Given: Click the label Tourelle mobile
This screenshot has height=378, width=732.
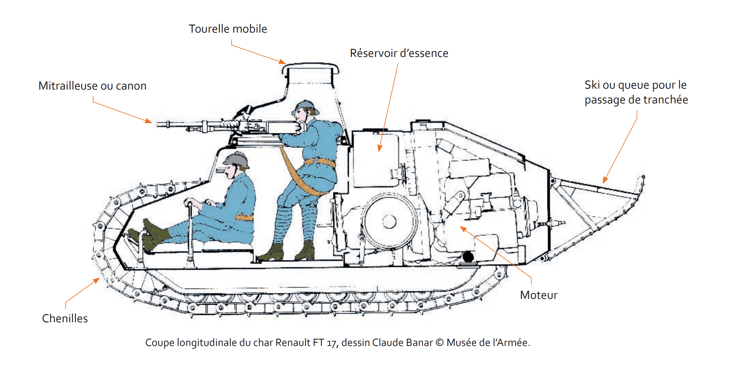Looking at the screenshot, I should pos(228,29).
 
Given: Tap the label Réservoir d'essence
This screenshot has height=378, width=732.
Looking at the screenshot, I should pos(399,53).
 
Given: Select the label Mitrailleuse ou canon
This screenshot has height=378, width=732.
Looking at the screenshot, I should pos(92,86).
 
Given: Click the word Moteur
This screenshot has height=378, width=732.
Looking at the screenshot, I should pos(539,295).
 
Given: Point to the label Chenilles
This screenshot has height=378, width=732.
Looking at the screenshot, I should pos(65,319).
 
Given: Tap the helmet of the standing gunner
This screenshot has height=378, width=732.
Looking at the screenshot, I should pos(305,106).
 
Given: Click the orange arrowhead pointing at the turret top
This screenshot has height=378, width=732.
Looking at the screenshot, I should pos(282,62).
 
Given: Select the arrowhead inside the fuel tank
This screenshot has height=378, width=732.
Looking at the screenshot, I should pos(380,148).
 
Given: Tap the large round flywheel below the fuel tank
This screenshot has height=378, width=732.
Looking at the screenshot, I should pos(389,221).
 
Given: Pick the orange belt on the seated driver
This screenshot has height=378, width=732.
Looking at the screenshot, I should pos(244,217).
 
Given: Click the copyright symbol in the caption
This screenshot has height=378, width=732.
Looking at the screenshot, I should pos(440,343).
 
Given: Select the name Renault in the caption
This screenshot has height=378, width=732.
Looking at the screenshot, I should pos(293,343).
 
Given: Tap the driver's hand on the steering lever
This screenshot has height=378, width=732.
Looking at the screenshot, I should pos(189,202).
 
